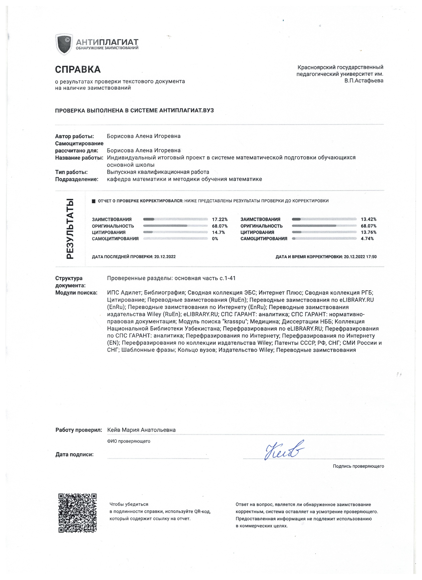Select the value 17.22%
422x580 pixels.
pos(220,219)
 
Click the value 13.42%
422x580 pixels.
pos(368,219)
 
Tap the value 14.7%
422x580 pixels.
pos(218,233)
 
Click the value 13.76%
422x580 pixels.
pos(368,233)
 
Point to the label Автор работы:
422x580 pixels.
pos(74,136)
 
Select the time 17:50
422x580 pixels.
pos(371,257)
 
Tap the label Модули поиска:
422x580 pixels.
pos(76,293)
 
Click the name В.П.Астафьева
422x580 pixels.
pos(364,81)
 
